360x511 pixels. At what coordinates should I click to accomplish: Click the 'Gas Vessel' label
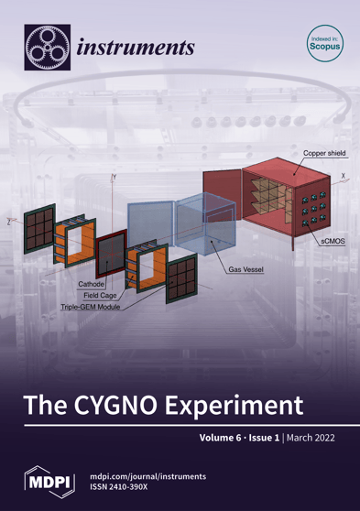coord(246,273)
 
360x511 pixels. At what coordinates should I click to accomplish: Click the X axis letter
coord(344,175)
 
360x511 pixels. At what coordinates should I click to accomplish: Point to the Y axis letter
coord(115,174)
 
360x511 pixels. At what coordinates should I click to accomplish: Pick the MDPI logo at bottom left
coord(44,482)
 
